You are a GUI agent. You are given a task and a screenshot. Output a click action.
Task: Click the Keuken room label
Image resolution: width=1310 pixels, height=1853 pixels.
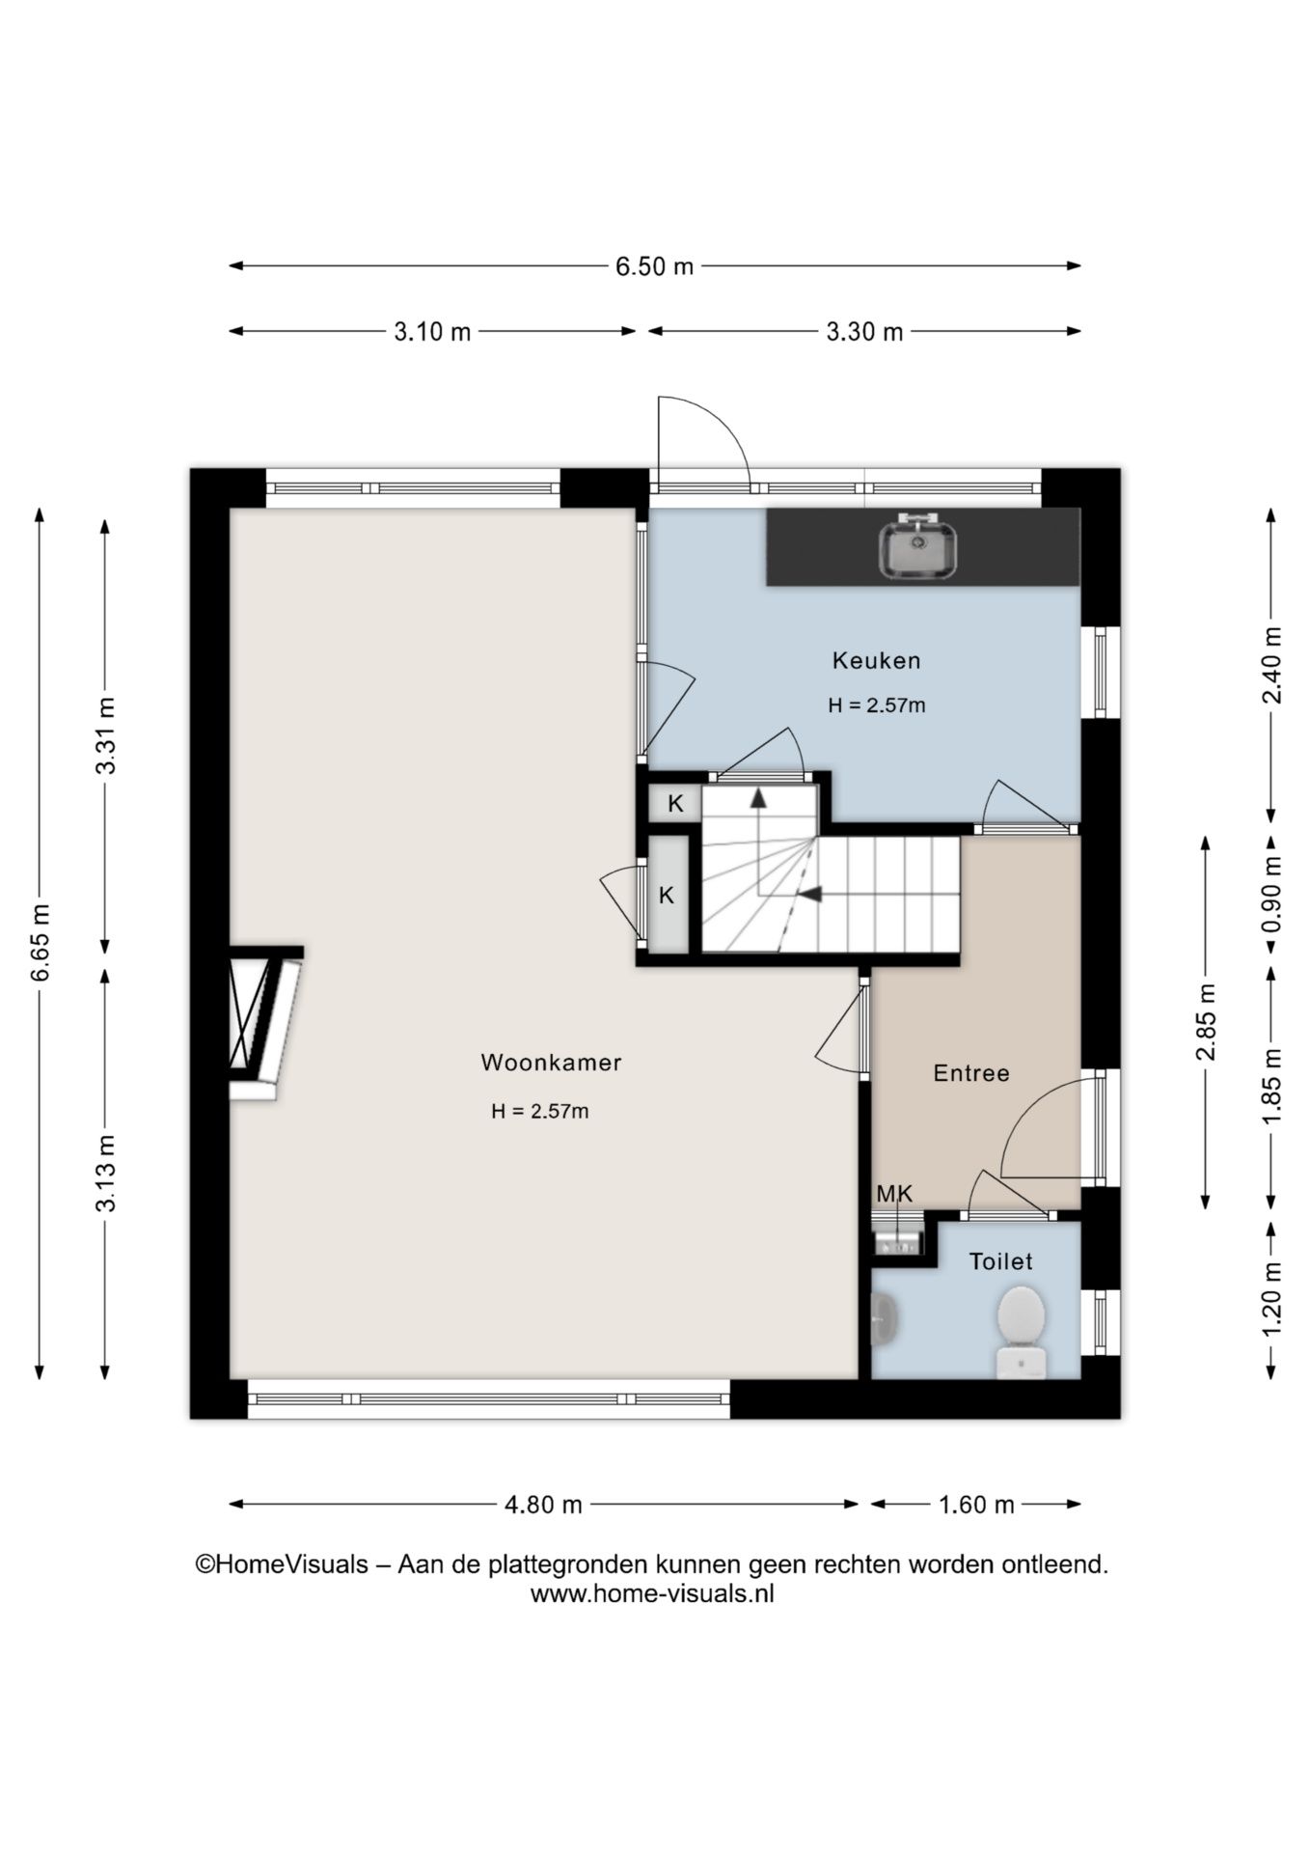point(876,661)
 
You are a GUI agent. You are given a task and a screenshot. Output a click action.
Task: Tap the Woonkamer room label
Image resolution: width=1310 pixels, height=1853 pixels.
point(551,1063)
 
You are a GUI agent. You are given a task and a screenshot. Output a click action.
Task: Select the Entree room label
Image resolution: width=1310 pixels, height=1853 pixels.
point(971,1073)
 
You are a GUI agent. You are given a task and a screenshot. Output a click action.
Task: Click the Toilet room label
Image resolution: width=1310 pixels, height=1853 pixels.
point(1000,1261)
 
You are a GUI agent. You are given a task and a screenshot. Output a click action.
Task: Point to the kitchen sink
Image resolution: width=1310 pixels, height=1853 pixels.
point(917,547)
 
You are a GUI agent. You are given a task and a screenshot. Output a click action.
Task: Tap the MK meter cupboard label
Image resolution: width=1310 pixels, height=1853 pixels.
point(894,1194)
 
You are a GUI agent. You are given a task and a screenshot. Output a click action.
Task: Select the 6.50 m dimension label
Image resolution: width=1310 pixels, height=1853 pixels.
point(655,266)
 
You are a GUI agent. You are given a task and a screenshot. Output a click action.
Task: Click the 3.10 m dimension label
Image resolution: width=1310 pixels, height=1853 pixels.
point(432,332)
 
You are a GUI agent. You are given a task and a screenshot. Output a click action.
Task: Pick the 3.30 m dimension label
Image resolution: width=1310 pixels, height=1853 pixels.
point(864,332)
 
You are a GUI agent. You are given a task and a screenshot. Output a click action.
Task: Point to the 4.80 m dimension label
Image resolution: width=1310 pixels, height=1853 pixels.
point(543,1505)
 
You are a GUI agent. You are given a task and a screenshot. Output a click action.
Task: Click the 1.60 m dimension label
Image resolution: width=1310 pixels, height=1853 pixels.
point(976,1505)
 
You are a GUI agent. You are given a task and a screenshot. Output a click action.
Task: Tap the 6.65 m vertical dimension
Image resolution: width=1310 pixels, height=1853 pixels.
point(40,943)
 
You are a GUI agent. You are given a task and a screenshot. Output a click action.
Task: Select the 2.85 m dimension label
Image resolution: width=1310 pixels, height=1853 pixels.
point(1206,1022)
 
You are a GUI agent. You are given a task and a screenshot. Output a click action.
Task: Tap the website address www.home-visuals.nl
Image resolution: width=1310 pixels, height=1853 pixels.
point(652,1593)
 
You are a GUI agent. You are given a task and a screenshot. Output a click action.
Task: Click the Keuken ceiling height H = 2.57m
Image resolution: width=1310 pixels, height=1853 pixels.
point(876,705)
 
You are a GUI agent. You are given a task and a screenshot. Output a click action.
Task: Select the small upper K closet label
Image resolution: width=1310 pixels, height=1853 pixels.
point(675,804)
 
